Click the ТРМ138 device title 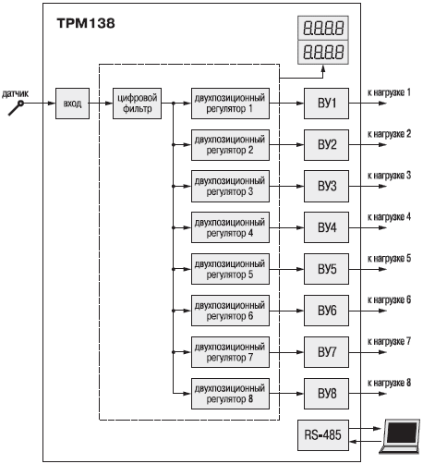point(86,23)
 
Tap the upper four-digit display point(323,28)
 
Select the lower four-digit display point(323,52)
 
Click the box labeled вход point(72,104)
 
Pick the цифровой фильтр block point(137,104)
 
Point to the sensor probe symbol point(16,107)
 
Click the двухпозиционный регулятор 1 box point(230,104)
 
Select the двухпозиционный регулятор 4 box point(230,227)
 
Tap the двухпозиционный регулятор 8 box point(230,394)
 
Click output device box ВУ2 point(326,145)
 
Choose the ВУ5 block point(326,269)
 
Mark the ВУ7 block point(326,352)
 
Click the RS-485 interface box point(323,435)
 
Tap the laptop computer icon point(399,436)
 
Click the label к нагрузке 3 point(389,176)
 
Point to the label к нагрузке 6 point(389,300)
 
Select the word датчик point(16,93)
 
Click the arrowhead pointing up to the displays point(323,68)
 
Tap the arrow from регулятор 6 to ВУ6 point(286,311)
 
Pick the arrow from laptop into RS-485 point(365,442)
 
